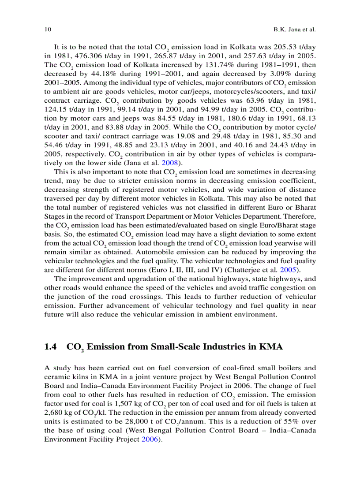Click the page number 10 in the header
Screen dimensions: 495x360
tap(48, 30)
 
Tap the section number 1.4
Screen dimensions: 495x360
tap(51, 347)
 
